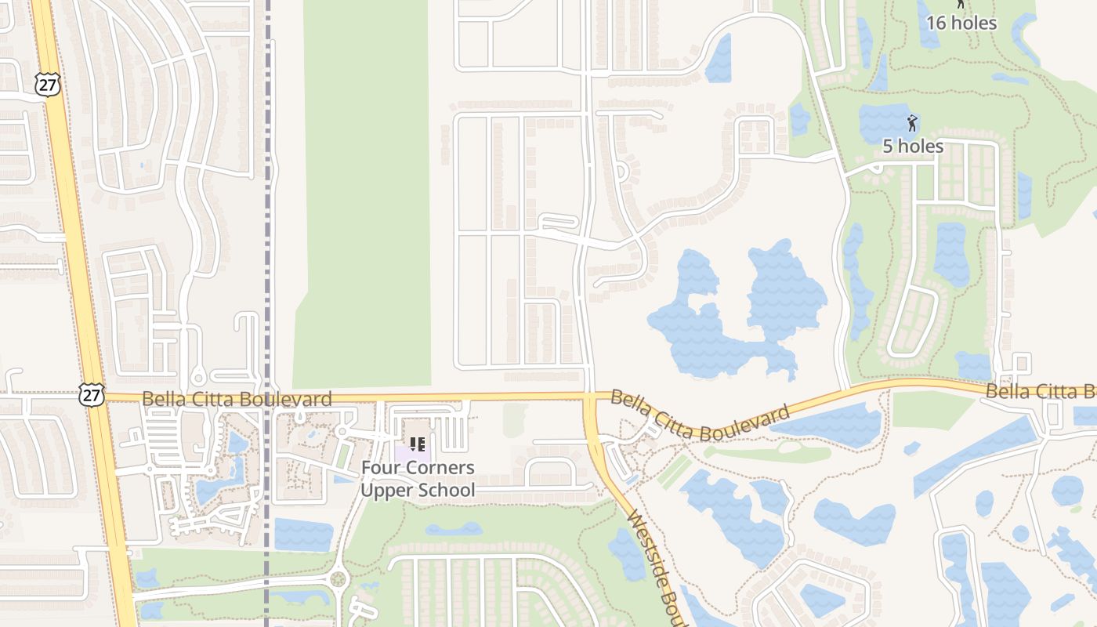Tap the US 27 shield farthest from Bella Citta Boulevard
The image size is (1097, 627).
click(x=48, y=85)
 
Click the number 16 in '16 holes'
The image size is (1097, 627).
click(x=936, y=23)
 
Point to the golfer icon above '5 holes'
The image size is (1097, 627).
click(x=911, y=123)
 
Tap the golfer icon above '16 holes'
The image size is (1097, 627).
click(x=961, y=4)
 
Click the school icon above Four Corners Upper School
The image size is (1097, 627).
click(x=418, y=444)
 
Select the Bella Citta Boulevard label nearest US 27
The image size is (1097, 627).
click(x=237, y=400)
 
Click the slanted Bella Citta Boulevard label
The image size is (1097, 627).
click(x=699, y=416)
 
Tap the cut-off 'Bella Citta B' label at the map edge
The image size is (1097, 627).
click(x=1041, y=390)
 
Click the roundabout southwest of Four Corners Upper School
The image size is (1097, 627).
click(x=339, y=580)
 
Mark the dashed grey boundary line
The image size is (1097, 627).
click(x=267, y=235)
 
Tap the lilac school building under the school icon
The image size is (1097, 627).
click(x=407, y=453)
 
